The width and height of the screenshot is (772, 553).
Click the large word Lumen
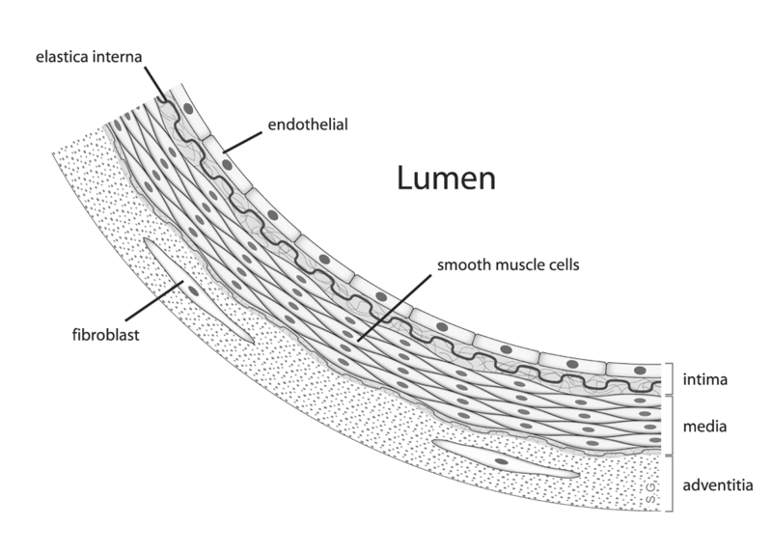click(x=446, y=179)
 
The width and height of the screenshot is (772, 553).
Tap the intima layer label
click(x=703, y=379)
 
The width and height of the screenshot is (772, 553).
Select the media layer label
click(x=703, y=425)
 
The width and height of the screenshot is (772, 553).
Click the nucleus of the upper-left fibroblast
click(x=195, y=290)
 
